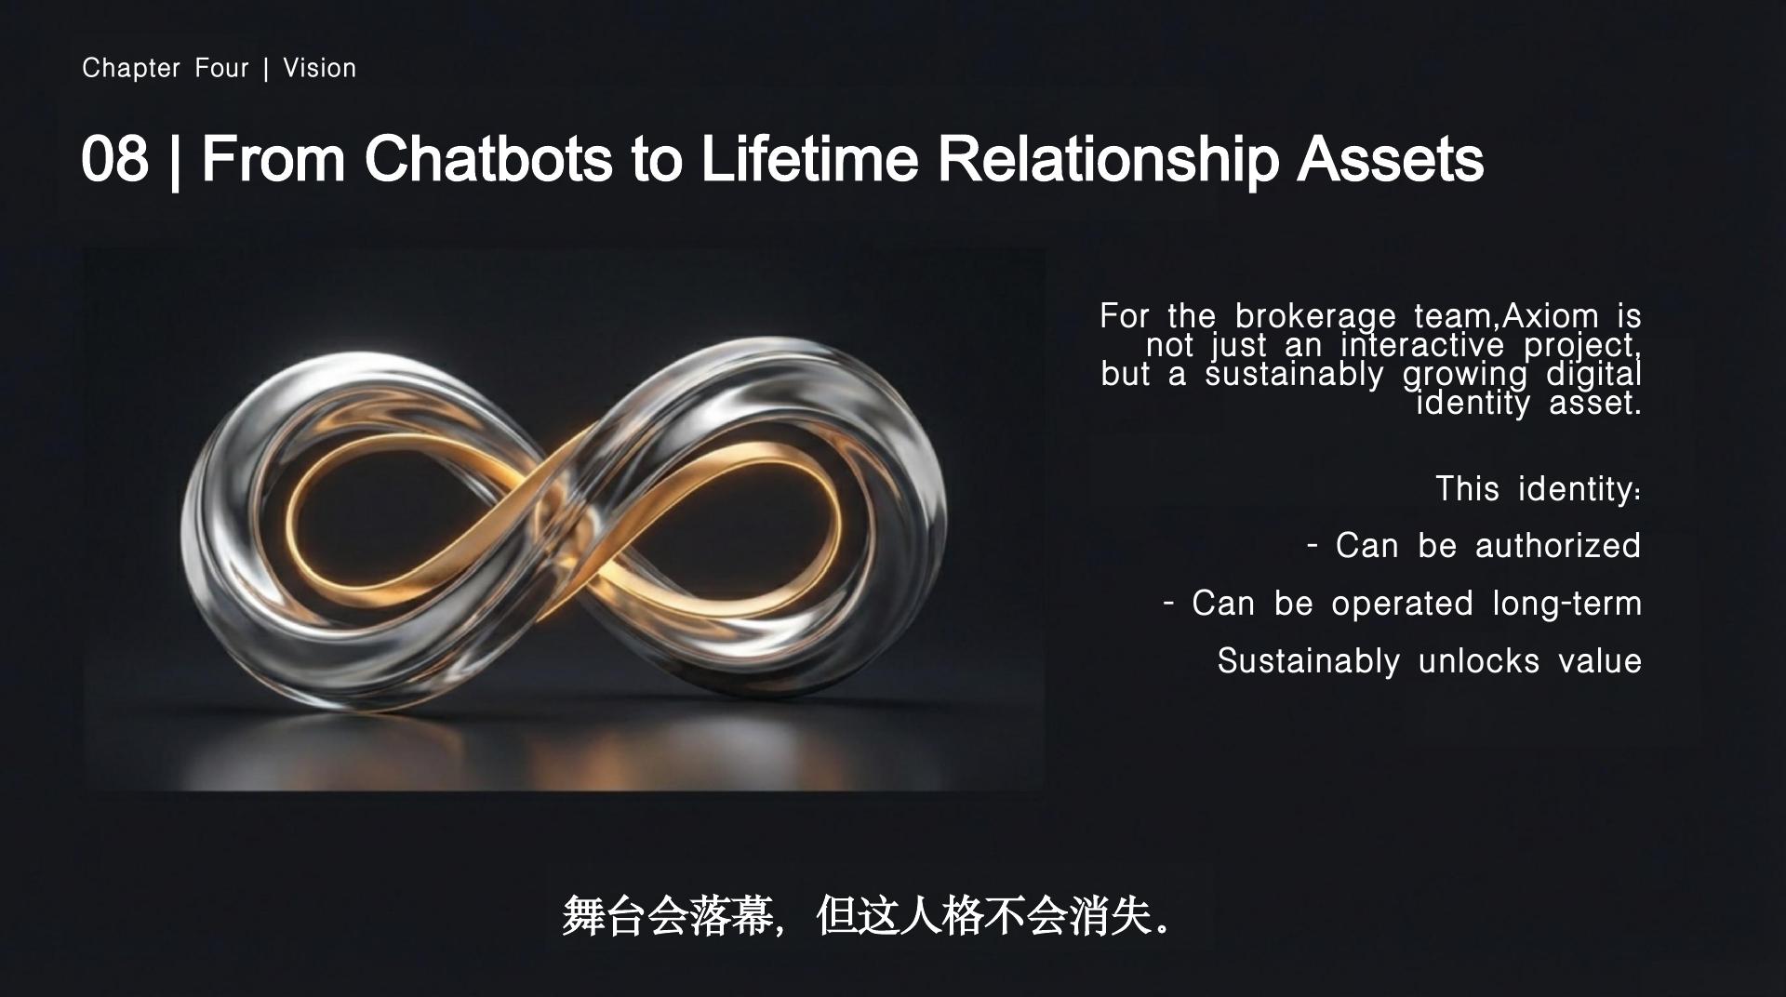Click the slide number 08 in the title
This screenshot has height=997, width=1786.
[114, 158]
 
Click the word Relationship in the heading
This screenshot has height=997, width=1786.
[1109, 160]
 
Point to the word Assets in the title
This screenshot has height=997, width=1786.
[1391, 158]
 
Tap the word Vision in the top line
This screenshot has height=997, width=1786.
[320, 68]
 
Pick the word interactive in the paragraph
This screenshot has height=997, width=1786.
[1422, 345]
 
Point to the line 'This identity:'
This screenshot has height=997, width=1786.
[1539, 489]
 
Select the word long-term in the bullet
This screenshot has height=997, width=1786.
[1567, 605]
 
